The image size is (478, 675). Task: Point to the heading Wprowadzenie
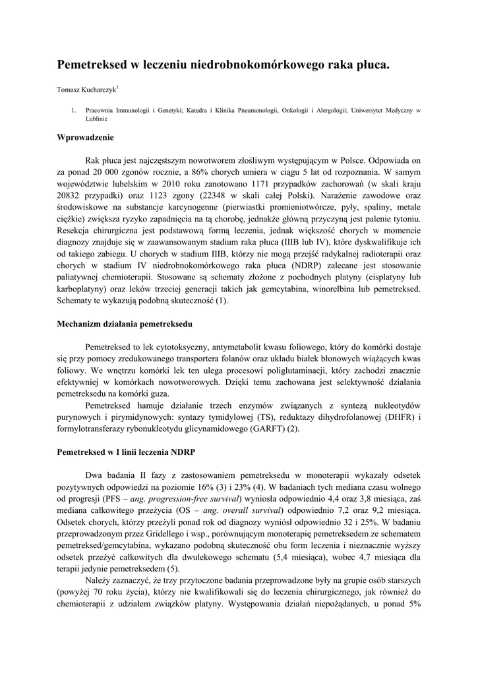point(86,138)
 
